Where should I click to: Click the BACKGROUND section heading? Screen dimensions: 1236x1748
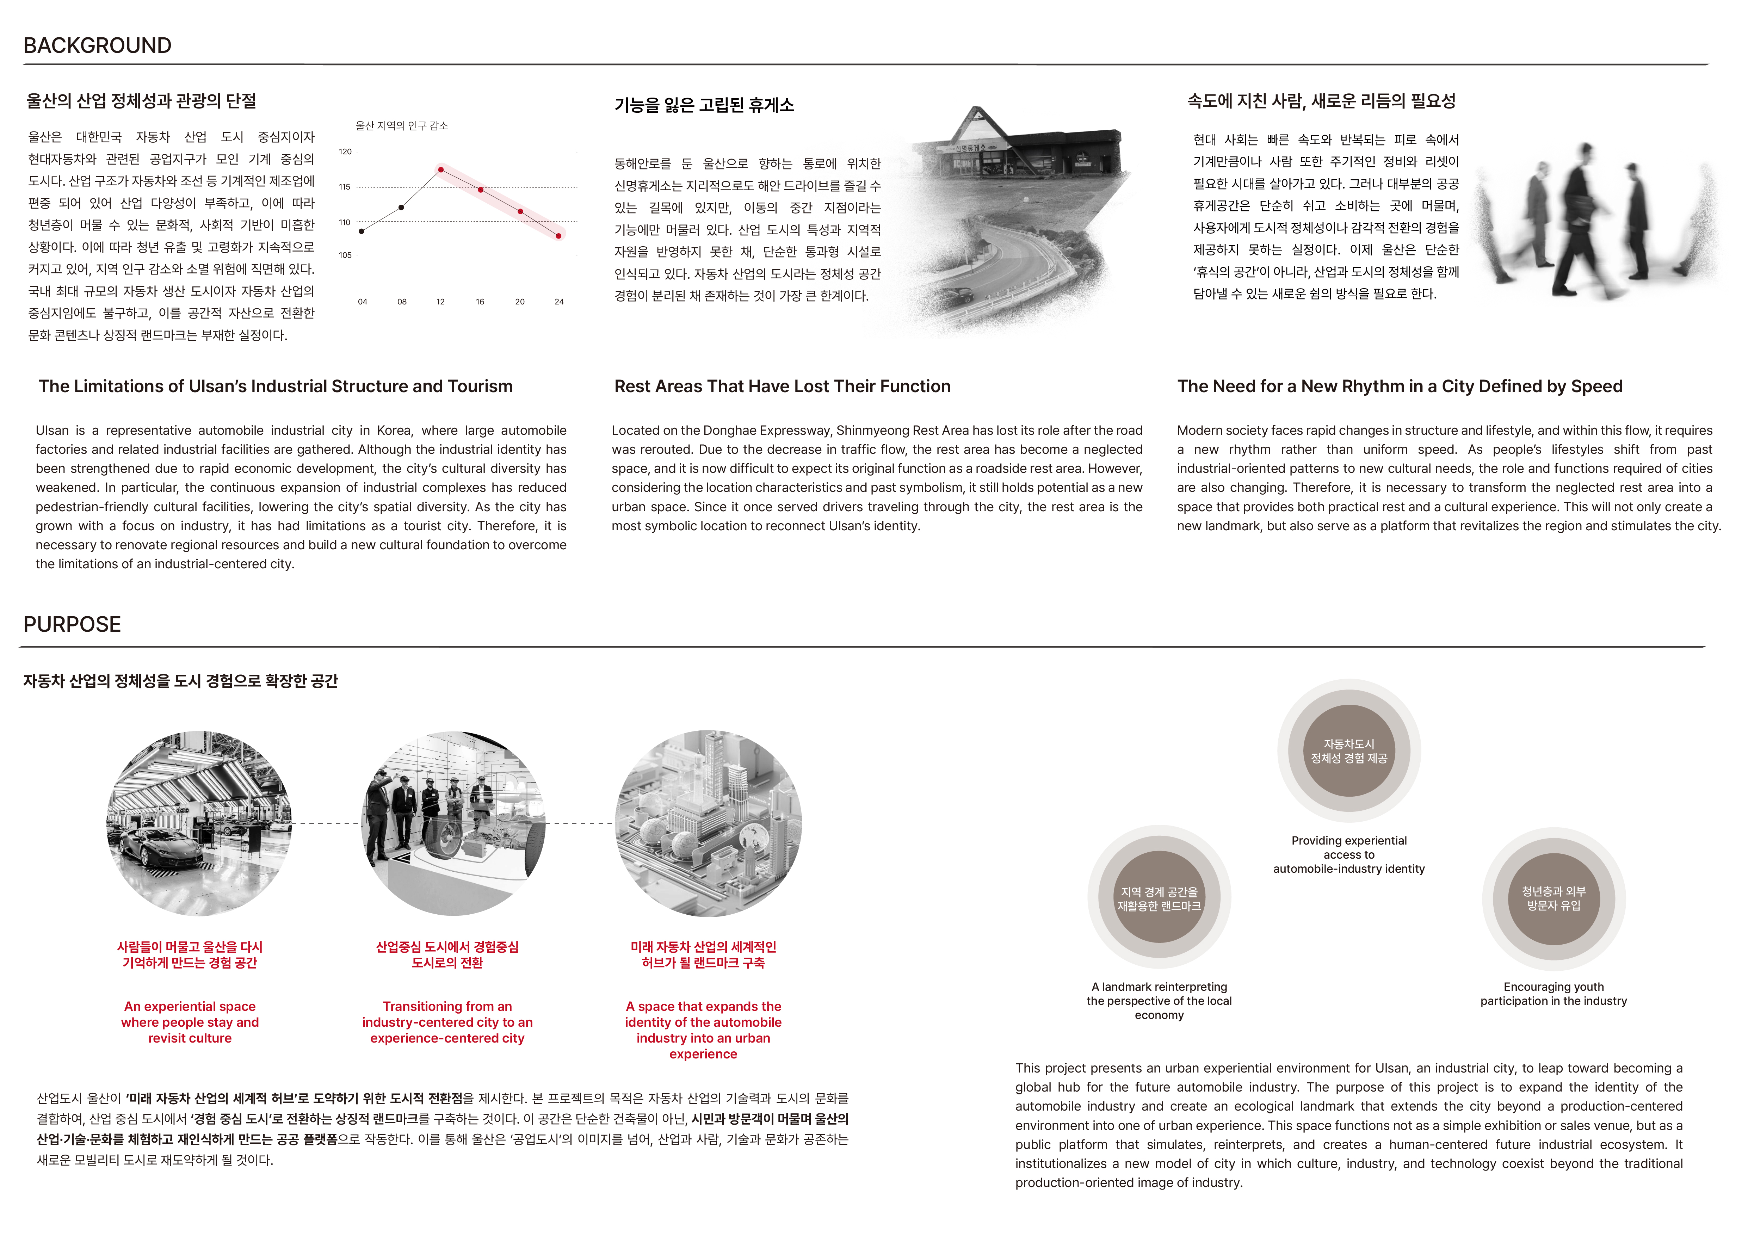(x=98, y=46)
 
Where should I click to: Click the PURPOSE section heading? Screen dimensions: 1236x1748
(x=72, y=624)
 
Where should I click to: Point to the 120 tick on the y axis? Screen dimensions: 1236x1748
(x=345, y=152)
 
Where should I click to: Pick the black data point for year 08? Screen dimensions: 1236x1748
(x=401, y=207)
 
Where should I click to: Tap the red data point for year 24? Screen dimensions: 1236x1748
(x=559, y=236)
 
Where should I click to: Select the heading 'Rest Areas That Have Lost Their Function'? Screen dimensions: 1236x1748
(x=782, y=387)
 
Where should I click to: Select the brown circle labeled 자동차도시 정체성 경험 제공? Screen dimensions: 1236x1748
(x=1348, y=751)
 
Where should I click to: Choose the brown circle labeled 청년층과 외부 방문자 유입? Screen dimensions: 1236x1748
(x=1553, y=899)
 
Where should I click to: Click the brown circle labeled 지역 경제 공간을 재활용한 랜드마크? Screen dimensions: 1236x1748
(x=1159, y=899)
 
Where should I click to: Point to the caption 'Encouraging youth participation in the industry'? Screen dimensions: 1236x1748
(x=1553, y=994)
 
